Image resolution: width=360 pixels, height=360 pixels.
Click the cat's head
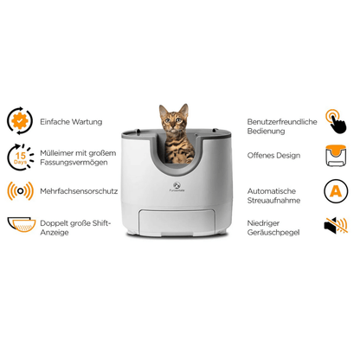click(x=173, y=119)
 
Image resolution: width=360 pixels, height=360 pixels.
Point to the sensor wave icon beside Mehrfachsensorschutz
click(x=20, y=190)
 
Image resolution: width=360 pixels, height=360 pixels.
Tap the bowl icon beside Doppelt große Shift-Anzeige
click(x=20, y=224)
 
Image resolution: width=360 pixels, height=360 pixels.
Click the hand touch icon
click(x=337, y=121)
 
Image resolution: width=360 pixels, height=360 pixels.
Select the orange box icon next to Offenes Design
click(x=337, y=157)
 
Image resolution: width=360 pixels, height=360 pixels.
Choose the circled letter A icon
click(x=337, y=190)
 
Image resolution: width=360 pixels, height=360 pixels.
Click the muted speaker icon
click(x=337, y=224)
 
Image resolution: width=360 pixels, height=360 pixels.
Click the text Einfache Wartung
click(x=71, y=122)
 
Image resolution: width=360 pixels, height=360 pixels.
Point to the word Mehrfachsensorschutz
click(x=79, y=190)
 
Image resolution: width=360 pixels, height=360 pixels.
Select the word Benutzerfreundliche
click(x=282, y=122)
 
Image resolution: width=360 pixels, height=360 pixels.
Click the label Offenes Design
click(x=273, y=156)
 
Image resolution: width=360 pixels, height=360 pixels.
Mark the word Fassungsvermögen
click(x=78, y=161)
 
